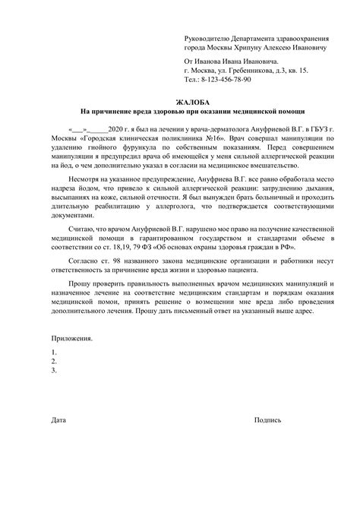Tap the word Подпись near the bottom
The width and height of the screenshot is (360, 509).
click(x=268, y=419)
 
